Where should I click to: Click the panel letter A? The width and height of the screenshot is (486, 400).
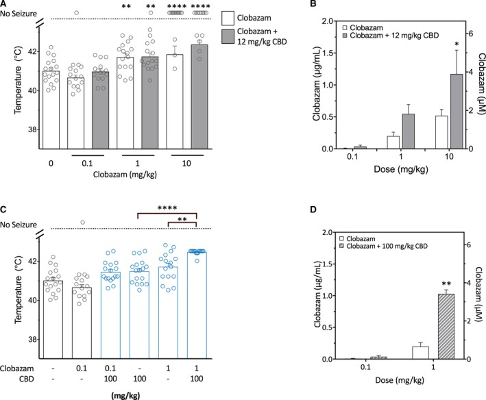coord(4,5)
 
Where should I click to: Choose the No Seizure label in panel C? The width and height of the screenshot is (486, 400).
coord(21,228)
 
